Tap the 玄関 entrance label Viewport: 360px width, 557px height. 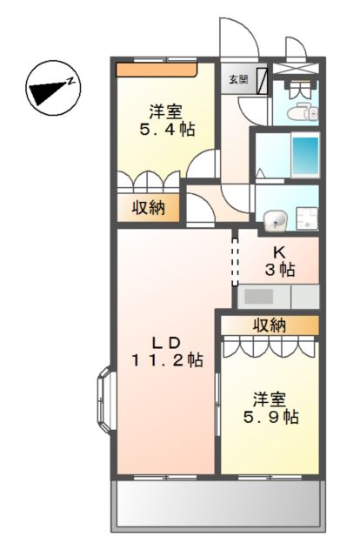point(237,78)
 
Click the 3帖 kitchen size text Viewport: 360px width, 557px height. point(280,270)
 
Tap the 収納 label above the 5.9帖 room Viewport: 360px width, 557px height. point(270,325)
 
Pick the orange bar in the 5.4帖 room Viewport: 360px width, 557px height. point(157,67)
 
